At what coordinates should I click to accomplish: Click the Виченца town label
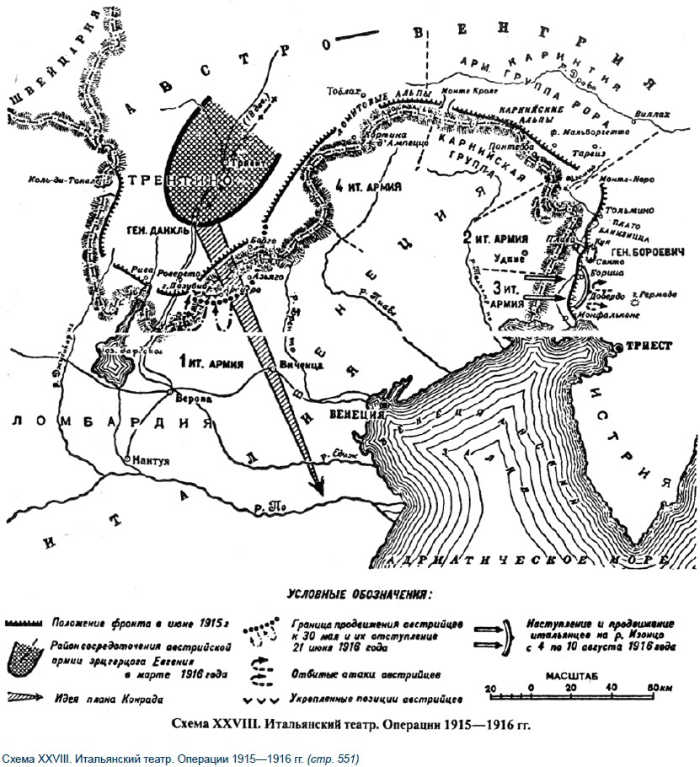click(x=302, y=366)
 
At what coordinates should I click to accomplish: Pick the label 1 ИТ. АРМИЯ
click(x=211, y=363)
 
